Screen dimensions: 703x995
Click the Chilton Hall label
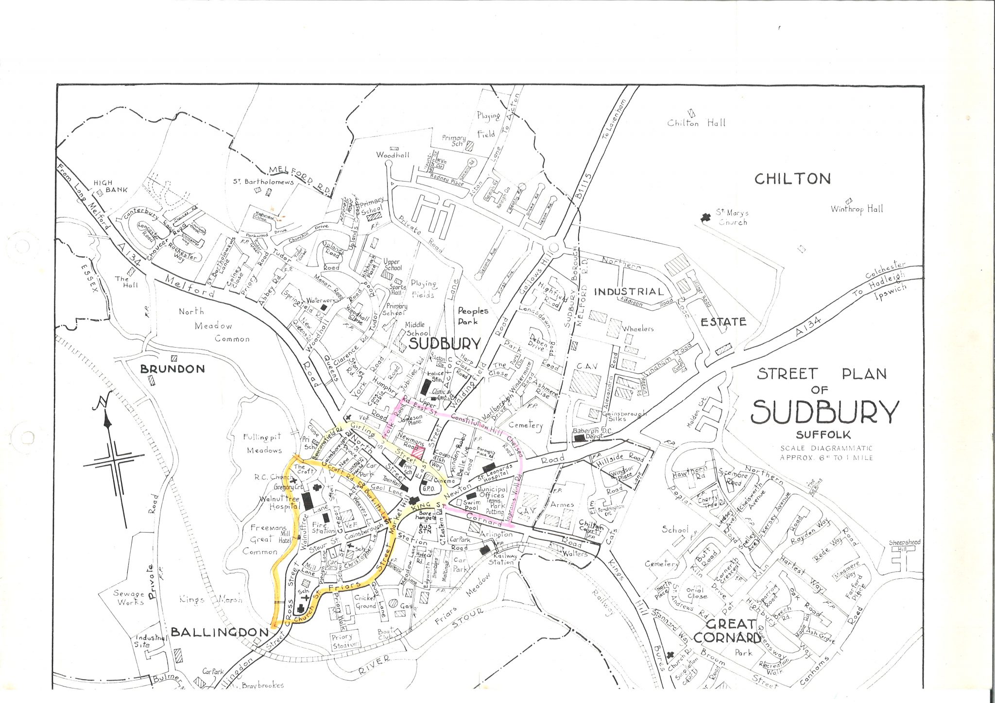[x=696, y=123]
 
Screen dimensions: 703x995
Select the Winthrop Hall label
[x=857, y=209]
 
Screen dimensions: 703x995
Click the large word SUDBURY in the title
[x=824, y=412]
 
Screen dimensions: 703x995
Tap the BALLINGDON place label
[x=219, y=632]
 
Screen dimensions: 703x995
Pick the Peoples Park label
[x=473, y=316]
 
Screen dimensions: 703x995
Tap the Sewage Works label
[x=129, y=598]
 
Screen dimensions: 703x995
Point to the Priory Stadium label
[x=346, y=640]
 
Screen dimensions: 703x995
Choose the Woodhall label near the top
[x=393, y=155]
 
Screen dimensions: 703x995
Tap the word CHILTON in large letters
[x=792, y=179]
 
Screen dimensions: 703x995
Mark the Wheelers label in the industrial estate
[x=638, y=329]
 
